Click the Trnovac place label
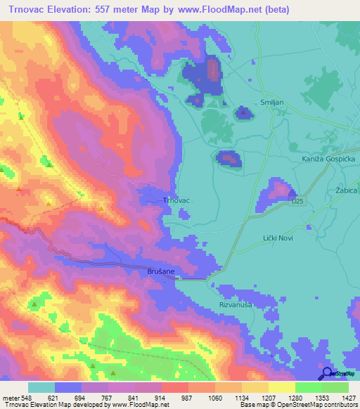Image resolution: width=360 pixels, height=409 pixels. (176, 200)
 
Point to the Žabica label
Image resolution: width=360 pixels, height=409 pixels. (347, 190)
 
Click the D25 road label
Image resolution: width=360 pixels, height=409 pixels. (300, 201)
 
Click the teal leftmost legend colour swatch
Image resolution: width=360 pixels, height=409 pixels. (41, 387)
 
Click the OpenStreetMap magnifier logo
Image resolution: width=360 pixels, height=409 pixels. (326, 373)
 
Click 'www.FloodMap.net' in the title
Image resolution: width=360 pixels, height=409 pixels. (220, 11)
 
